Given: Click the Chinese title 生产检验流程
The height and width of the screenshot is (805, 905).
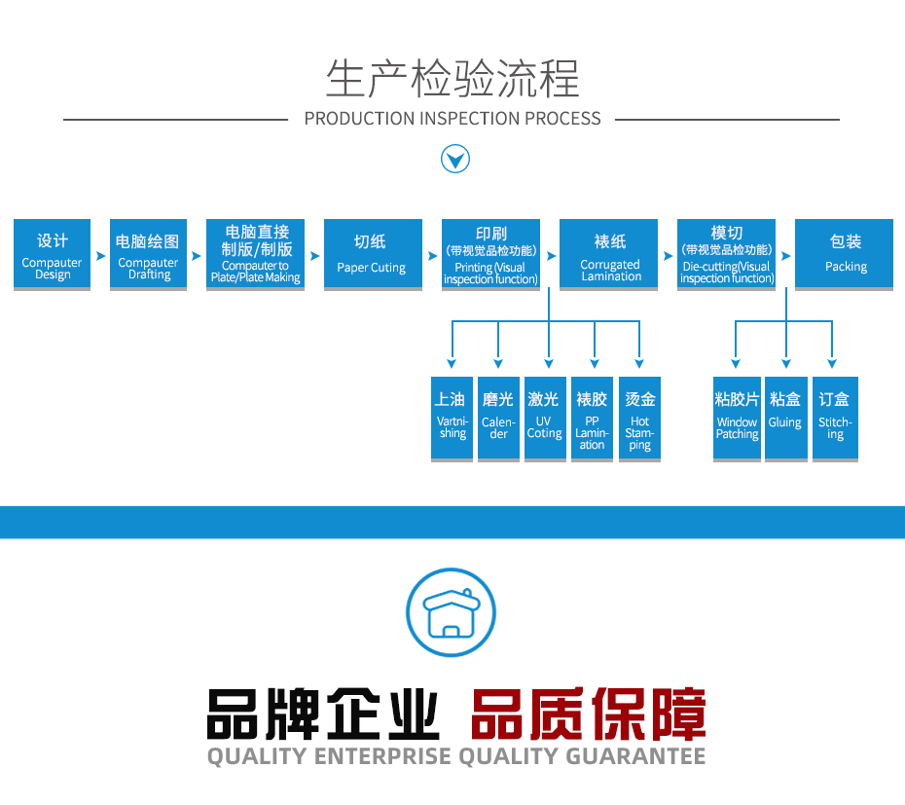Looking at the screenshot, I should [452, 78].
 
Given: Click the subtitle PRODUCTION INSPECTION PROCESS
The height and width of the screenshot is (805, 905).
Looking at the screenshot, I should [452, 119].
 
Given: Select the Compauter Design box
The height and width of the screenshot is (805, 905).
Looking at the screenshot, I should [53, 254].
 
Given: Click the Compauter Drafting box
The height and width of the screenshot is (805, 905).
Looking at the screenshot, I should [148, 254].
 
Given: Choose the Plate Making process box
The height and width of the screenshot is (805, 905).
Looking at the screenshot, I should [255, 254].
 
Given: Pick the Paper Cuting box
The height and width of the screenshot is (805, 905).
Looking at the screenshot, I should [372, 254].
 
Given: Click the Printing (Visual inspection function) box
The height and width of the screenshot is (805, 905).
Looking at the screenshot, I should [490, 254].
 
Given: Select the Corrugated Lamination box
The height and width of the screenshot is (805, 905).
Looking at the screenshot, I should [609, 254].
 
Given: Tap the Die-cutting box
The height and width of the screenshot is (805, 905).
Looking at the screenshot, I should [726, 254].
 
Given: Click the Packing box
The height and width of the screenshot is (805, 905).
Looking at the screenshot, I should [844, 254].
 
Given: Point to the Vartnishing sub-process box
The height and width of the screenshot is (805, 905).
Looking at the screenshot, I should [452, 419].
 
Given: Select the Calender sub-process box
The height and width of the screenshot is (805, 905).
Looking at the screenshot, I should [498, 419].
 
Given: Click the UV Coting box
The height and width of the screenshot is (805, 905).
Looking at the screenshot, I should [545, 419].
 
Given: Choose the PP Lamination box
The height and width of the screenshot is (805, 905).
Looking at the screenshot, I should [592, 419].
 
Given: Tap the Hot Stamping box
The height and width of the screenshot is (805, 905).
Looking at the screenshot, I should [639, 419].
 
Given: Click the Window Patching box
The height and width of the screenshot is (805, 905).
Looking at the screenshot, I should [737, 419].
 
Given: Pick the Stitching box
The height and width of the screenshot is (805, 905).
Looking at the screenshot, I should [835, 419].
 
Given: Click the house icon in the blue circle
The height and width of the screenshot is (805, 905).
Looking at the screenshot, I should [451, 612].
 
